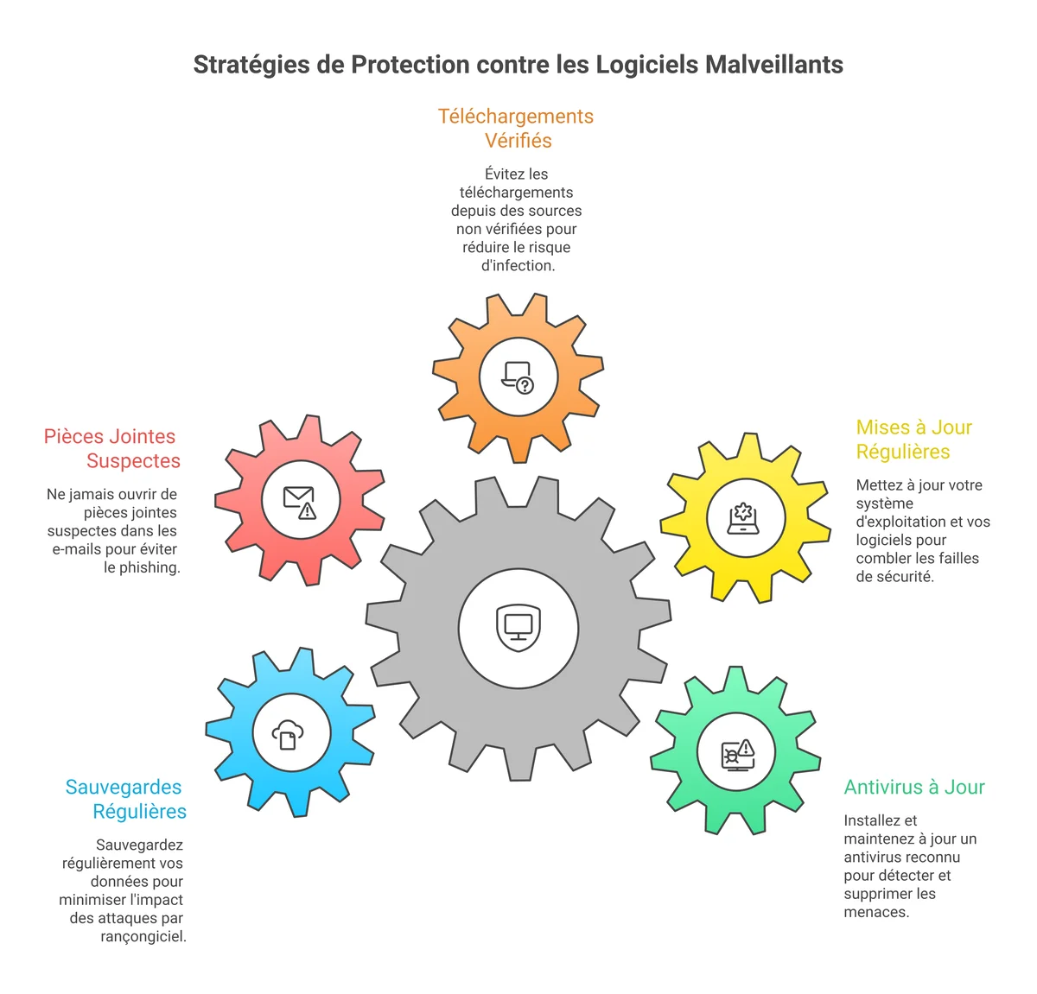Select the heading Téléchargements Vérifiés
[x=516, y=128]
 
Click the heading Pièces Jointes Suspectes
[x=111, y=448]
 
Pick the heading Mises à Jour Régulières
[x=913, y=440]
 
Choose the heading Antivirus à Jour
[x=914, y=787]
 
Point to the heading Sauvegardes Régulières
[x=125, y=799]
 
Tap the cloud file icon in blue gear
[x=289, y=734]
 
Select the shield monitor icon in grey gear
[x=518, y=627]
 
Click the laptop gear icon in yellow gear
[x=743, y=518]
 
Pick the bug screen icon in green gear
[x=737, y=753]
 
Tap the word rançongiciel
[x=143, y=936]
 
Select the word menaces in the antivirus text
[x=876, y=912]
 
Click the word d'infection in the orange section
[x=518, y=265]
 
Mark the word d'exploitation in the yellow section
[x=898, y=522]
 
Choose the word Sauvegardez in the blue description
[x=139, y=845]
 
